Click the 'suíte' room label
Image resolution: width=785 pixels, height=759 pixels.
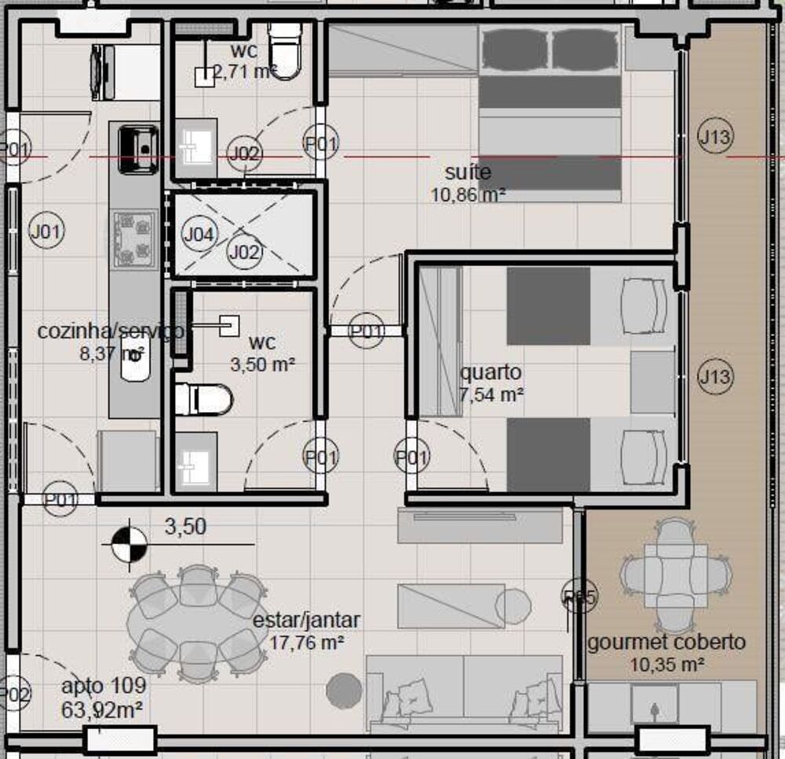468,172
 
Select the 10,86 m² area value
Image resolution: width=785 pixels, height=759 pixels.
468,195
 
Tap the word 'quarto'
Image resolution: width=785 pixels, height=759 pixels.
491,372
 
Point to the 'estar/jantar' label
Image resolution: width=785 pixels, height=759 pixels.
306,620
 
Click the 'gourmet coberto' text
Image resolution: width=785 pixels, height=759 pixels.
666,642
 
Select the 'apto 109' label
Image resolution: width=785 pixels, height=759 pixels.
104,688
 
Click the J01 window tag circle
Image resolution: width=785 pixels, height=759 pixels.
46,231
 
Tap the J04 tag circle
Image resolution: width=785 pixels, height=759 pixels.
199,233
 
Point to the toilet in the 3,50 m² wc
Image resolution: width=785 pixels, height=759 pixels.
204,399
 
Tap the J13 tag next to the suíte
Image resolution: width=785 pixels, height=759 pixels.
714,138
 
